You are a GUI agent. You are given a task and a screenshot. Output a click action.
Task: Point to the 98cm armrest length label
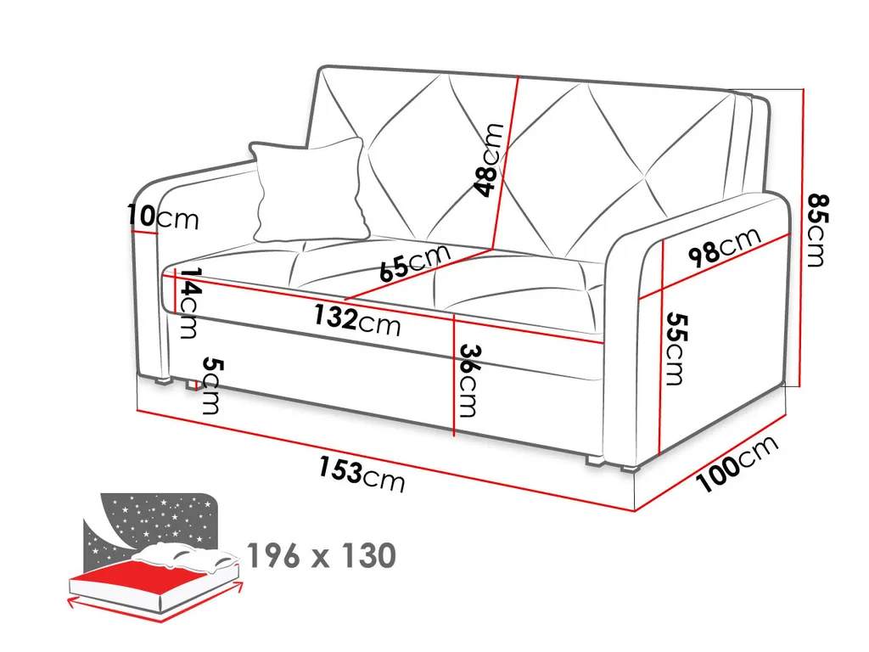pyautogui.click(x=724, y=247)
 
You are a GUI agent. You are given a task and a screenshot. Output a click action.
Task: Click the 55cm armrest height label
pyautogui.click(x=676, y=348)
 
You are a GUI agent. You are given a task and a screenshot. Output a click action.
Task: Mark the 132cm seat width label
pyautogui.click(x=356, y=320)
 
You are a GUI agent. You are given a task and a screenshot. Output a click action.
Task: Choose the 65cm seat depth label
pyautogui.click(x=415, y=262)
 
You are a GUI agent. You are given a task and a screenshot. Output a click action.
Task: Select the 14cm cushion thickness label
pyautogui.click(x=188, y=303)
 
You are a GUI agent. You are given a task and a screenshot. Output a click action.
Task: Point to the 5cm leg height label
pyautogui.click(x=210, y=386)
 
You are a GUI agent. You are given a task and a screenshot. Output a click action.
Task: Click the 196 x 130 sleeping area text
pyautogui.click(x=321, y=556)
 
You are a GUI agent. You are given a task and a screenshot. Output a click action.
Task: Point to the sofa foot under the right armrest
pyautogui.click(x=633, y=466)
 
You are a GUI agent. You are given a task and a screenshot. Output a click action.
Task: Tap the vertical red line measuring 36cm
pyautogui.click(x=455, y=374)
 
